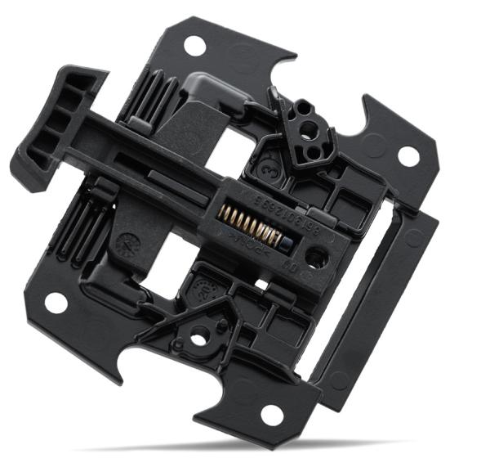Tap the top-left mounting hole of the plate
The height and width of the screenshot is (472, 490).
click(194, 45)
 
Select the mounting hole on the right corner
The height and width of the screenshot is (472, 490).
click(408, 155)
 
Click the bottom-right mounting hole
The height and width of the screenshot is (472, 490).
click(272, 415)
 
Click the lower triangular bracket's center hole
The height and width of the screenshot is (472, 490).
click(198, 334)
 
